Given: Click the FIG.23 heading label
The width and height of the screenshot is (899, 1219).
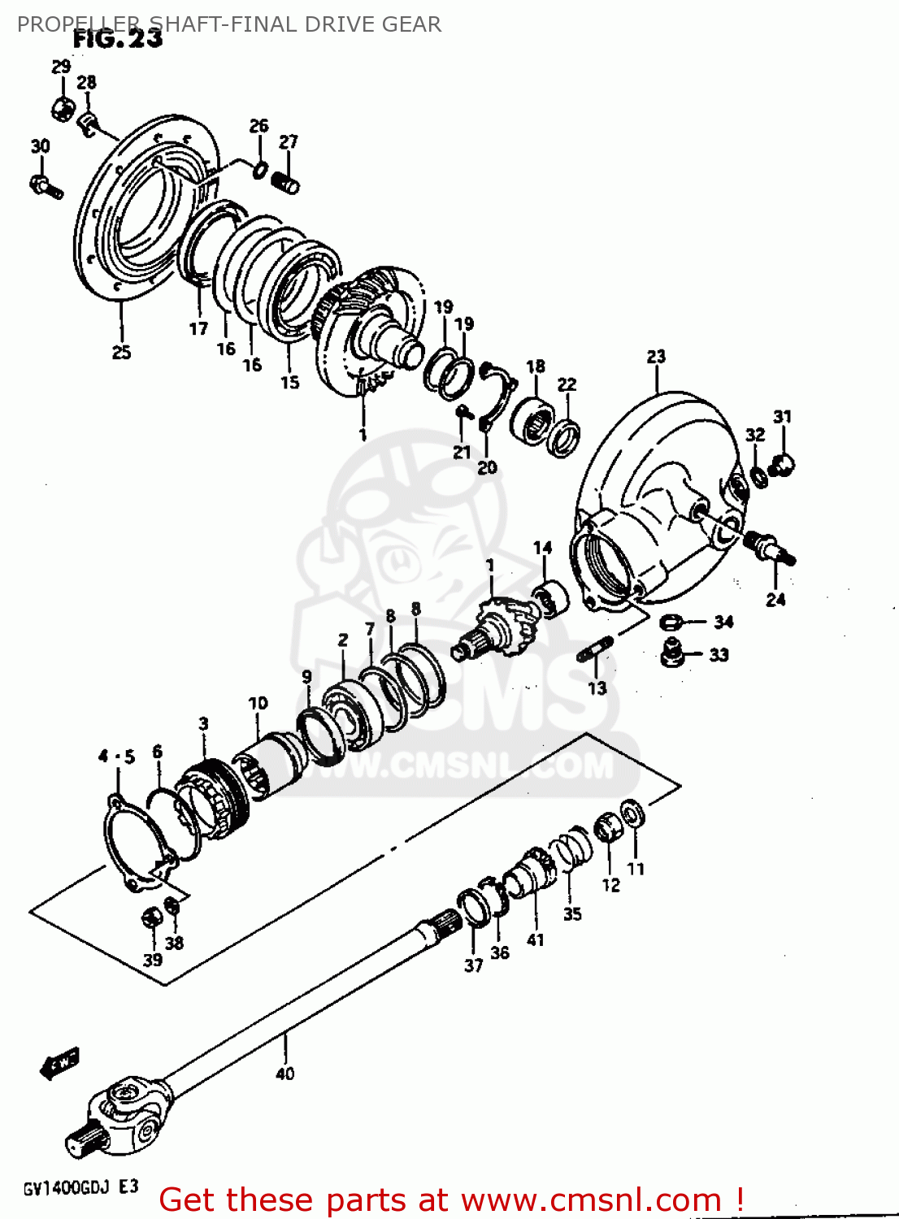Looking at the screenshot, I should click(117, 38).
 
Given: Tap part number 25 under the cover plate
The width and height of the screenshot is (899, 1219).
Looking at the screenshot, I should click(121, 352).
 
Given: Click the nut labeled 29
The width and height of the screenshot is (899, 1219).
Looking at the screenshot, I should click(63, 105).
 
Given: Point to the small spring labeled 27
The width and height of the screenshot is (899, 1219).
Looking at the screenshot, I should click(286, 183).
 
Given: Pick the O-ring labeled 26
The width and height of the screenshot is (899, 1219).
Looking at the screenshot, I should click(259, 169).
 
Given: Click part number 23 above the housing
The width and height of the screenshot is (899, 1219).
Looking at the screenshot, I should click(656, 357).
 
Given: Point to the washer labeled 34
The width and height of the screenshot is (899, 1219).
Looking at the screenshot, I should click(670, 623).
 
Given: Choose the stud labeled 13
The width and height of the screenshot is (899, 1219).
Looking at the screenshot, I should click(595, 650).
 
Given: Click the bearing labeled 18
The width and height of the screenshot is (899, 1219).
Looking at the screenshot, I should click(532, 419).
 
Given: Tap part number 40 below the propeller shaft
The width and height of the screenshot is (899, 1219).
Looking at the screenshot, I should click(284, 1074).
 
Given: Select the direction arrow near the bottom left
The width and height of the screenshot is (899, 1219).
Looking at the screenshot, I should click(59, 1062).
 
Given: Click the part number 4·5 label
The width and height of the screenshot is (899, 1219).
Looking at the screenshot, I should click(116, 757).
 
